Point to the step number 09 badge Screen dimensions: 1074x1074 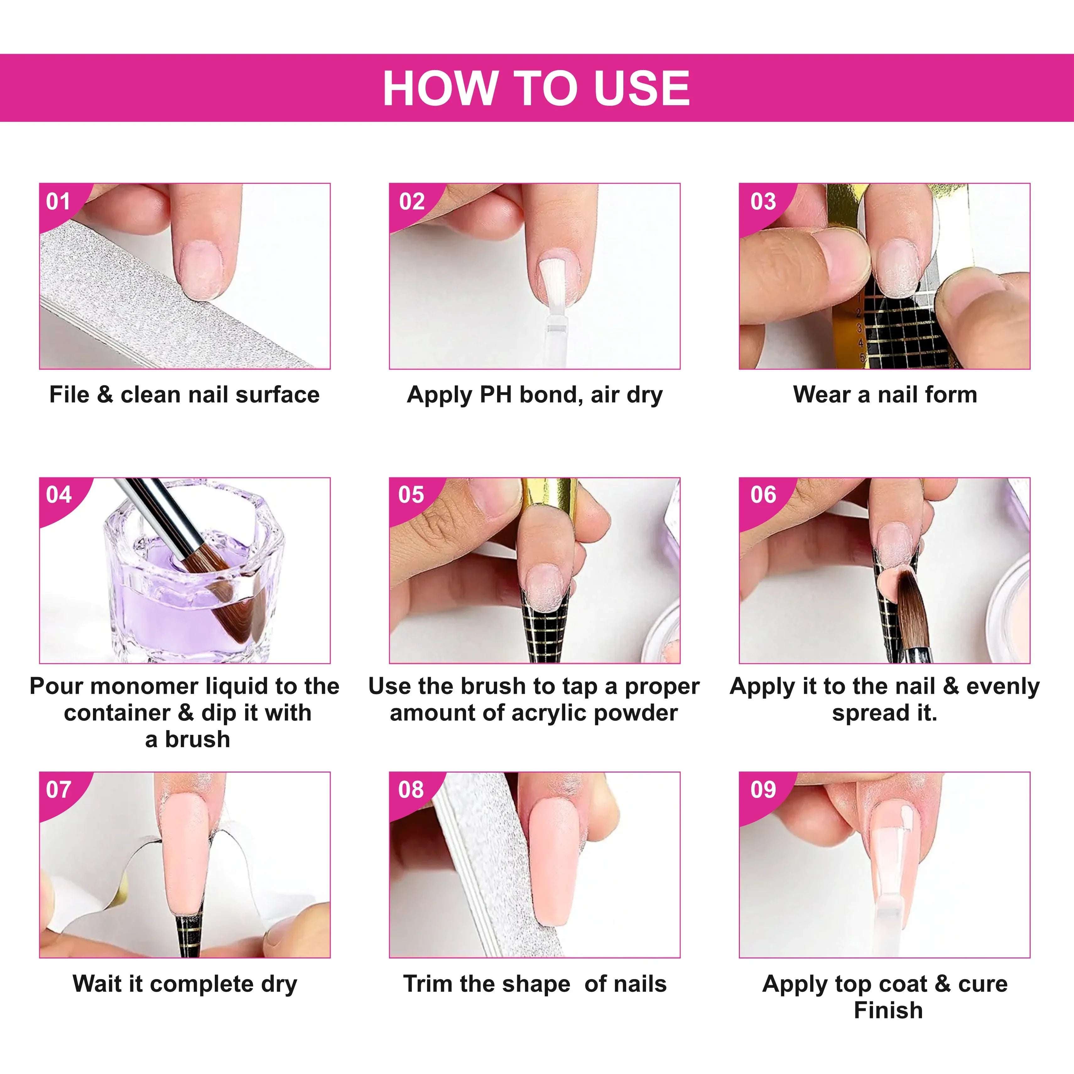tap(763, 789)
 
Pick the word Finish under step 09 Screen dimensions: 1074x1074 tap(888, 1010)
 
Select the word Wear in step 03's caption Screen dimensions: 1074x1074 tap(822, 395)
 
